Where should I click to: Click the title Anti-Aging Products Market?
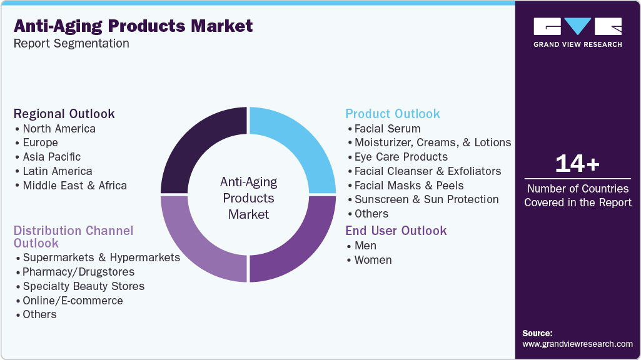pos(133,26)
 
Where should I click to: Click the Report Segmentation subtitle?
pos(71,44)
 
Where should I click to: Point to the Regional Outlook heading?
pos(64,114)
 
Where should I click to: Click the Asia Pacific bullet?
pos(51,157)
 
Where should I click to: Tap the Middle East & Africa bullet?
pos(74,186)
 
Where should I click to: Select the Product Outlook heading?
pos(393,114)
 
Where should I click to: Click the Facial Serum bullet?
pos(387,128)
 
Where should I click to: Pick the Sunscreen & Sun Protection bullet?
pos(426,199)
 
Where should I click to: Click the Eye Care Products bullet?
pos(401,157)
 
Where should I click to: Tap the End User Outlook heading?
pos(396,231)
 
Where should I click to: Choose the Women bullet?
pos(373,260)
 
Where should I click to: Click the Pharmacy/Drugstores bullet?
pos(78,272)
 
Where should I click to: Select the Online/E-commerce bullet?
pos(73,301)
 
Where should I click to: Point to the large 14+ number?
pos(577,164)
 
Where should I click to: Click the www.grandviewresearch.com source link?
pos(577,344)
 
